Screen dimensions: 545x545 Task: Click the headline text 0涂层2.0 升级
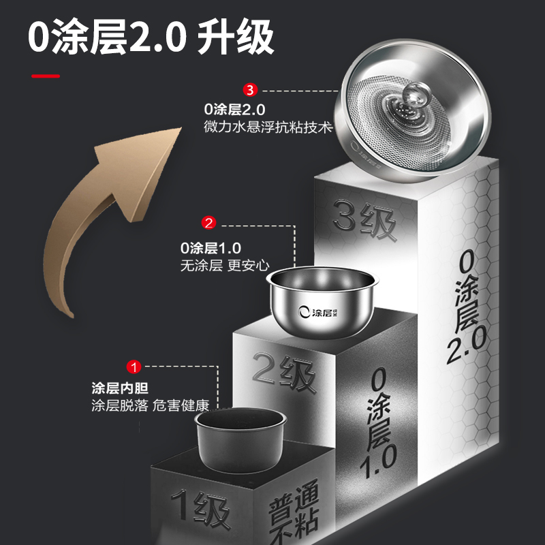(151, 38)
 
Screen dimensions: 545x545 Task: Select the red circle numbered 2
(209, 222)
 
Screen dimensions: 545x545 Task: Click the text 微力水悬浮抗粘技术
(267, 127)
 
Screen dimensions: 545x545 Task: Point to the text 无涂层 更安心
(225, 266)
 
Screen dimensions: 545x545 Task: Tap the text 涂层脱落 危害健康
(150, 406)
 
